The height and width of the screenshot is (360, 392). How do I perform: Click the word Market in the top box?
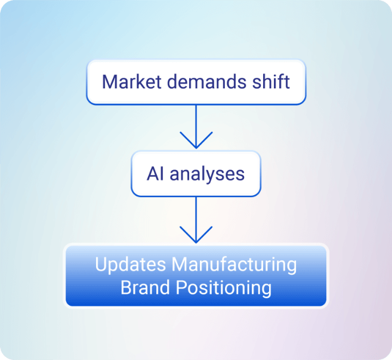pyautogui.click(x=132, y=81)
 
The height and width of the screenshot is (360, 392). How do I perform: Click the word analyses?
pyautogui.click(x=207, y=174)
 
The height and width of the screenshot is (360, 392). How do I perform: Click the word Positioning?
pyautogui.click(x=223, y=288)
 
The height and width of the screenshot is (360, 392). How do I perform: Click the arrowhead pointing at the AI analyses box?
pyautogui.click(x=196, y=143)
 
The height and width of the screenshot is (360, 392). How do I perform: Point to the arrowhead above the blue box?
pyautogui.click(x=196, y=237)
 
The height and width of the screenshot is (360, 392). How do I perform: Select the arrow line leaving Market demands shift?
pyautogui.click(x=196, y=122)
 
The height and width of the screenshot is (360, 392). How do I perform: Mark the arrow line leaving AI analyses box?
pyautogui.click(x=196, y=215)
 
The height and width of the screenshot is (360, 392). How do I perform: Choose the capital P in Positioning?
pyautogui.click(x=181, y=288)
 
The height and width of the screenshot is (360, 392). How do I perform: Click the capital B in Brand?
pyautogui.click(x=126, y=288)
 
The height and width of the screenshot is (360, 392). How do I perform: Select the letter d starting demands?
pyautogui.click(x=175, y=81)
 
